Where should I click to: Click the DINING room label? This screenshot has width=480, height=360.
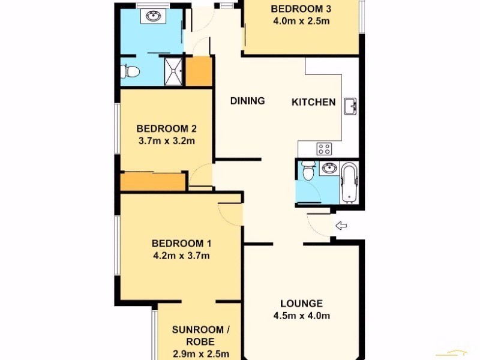247,101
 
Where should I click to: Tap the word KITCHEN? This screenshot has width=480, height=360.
313,102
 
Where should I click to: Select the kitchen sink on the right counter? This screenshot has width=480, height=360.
351,107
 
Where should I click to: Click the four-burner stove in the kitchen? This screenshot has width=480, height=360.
325,148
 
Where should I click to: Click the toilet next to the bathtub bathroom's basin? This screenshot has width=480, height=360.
307,172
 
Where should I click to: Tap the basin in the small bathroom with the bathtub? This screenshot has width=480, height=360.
328,169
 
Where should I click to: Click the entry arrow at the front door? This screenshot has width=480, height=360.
341,226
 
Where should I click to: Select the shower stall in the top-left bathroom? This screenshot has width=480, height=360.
174,70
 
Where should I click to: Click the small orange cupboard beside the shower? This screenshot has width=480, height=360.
199,71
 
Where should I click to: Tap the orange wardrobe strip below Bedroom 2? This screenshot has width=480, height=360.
153,182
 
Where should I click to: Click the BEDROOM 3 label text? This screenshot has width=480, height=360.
301,9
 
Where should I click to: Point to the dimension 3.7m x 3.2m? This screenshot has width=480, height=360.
166,141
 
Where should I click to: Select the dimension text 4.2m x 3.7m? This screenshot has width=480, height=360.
181,256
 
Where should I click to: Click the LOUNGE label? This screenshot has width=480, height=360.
301,304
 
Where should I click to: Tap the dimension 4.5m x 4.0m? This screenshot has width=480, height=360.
301,316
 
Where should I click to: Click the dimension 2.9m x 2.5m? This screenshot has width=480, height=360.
199,353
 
